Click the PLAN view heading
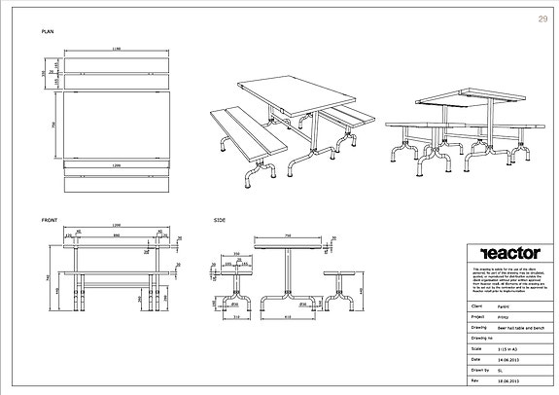tap(47, 32)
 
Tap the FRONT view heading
tap(49, 220)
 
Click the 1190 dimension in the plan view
tap(116, 48)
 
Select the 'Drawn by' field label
tap(479, 369)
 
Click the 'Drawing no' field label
tap(481, 338)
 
